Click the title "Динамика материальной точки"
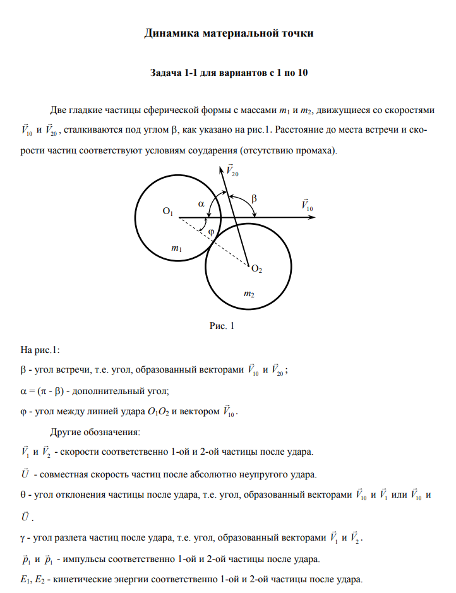pos(229,33)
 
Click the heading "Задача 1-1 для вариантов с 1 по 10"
pos(229,73)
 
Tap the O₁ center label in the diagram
pos(168,213)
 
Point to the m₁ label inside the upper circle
pos(177,249)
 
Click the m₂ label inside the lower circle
pos(249,294)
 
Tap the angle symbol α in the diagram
pos(201,204)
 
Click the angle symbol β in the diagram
pos(254,198)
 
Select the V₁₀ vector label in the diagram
pos(307,205)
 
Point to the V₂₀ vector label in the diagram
pos(232,171)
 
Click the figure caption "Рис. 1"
pos(222,326)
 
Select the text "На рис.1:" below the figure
pos(40,348)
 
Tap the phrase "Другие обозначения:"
pos(95,433)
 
